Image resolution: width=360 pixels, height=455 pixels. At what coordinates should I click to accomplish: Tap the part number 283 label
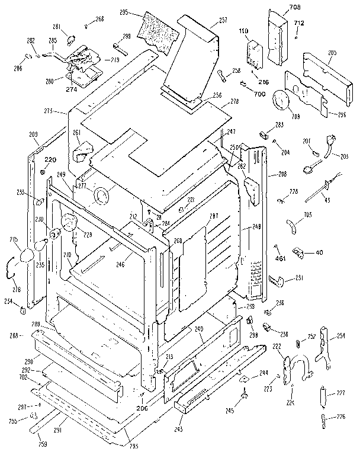coord(279,124)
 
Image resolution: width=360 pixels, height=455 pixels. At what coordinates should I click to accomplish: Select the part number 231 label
coord(300,278)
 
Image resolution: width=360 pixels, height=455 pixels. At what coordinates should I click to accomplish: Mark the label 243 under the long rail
coord(179,428)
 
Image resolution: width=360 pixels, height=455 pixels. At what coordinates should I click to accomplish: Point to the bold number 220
coord(50,160)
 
